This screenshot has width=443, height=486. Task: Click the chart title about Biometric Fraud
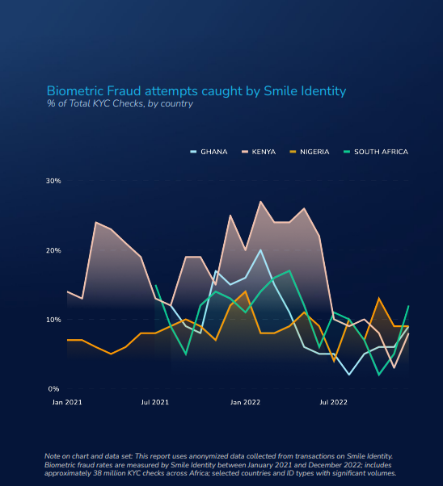pyautogui.click(x=196, y=91)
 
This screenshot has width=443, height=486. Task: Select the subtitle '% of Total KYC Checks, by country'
pyautogui.click(x=120, y=103)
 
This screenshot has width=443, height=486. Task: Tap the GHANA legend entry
pyautogui.click(x=209, y=152)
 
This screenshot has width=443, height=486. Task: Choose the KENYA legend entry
pyautogui.click(x=259, y=152)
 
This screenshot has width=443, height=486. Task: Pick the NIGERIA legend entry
pyautogui.click(x=310, y=152)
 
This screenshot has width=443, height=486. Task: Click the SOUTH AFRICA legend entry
pyautogui.click(x=376, y=152)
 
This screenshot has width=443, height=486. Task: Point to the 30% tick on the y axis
pyautogui.click(x=53, y=181)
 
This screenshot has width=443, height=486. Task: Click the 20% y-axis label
pyautogui.click(x=53, y=250)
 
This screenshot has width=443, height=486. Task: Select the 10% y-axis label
pyautogui.click(x=53, y=320)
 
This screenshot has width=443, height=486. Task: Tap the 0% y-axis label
pyautogui.click(x=53, y=389)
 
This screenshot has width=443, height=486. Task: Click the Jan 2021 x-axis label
pyautogui.click(x=67, y=402)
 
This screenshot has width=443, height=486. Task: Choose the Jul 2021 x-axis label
pyautogui.click(x=155, y=402)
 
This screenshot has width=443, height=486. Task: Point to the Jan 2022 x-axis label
pyautogui.click(x=245, y=402)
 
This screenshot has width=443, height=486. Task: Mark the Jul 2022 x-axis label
pyautogui.click(x=333, y=402)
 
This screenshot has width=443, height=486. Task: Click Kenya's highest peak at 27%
pyautogui.click(x=260, y=202)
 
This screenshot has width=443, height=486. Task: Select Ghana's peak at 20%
pyautogui.click(x=260, y=250)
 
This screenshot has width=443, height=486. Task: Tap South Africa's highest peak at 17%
pyautogui.click(x=289, y=270)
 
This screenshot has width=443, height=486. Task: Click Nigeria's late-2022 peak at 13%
pyautogui.click(x=379, y=299)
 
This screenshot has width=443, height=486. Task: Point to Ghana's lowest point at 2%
pyautogui.click(x=349, y=375)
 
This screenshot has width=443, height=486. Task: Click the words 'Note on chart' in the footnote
pyautogui.click(x=66, y=456)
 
